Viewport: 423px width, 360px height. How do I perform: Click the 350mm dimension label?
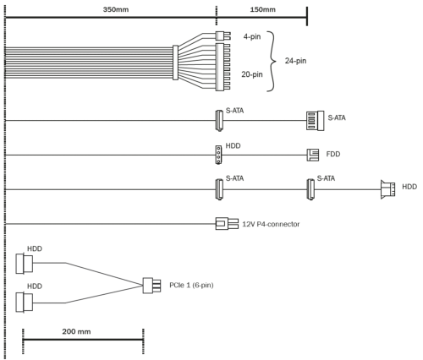point(116,9)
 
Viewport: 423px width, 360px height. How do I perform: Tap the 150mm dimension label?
point(262,9)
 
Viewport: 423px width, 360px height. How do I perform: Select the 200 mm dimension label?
point(76,331)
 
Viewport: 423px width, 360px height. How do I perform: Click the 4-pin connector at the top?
point(223,36)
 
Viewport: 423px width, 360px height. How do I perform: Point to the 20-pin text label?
point(252,74)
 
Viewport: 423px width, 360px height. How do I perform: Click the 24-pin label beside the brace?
point(295,61)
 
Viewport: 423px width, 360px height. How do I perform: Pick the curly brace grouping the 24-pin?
point(272,61)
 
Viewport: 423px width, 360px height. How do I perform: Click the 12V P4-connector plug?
point(227,224)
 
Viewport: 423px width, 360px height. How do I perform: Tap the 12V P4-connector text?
point(271,224)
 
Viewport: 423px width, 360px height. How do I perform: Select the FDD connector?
point(313,155)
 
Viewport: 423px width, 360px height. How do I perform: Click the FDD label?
point(333,154)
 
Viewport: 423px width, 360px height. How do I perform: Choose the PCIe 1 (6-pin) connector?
point(151,286)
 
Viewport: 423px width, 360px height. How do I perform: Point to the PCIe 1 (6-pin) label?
point(191,285)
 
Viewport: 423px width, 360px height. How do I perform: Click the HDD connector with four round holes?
point(218,155)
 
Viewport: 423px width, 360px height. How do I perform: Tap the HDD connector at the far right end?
point(387,189)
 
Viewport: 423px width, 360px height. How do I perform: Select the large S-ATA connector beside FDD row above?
point(316,121)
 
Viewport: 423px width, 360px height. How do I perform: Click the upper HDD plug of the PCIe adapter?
point(25,264)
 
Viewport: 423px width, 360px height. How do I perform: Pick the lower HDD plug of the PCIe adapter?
point(25,303)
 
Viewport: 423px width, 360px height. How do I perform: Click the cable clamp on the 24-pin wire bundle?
point(175,63)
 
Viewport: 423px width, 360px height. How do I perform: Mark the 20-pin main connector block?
point(222,67)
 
